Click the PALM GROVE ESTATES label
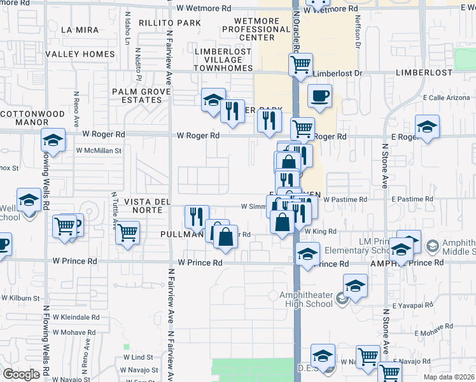(x=141, y=95)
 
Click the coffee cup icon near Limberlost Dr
(x=319, y=95)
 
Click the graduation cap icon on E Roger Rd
(x=427, y=125)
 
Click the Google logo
(x=21, y=374)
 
